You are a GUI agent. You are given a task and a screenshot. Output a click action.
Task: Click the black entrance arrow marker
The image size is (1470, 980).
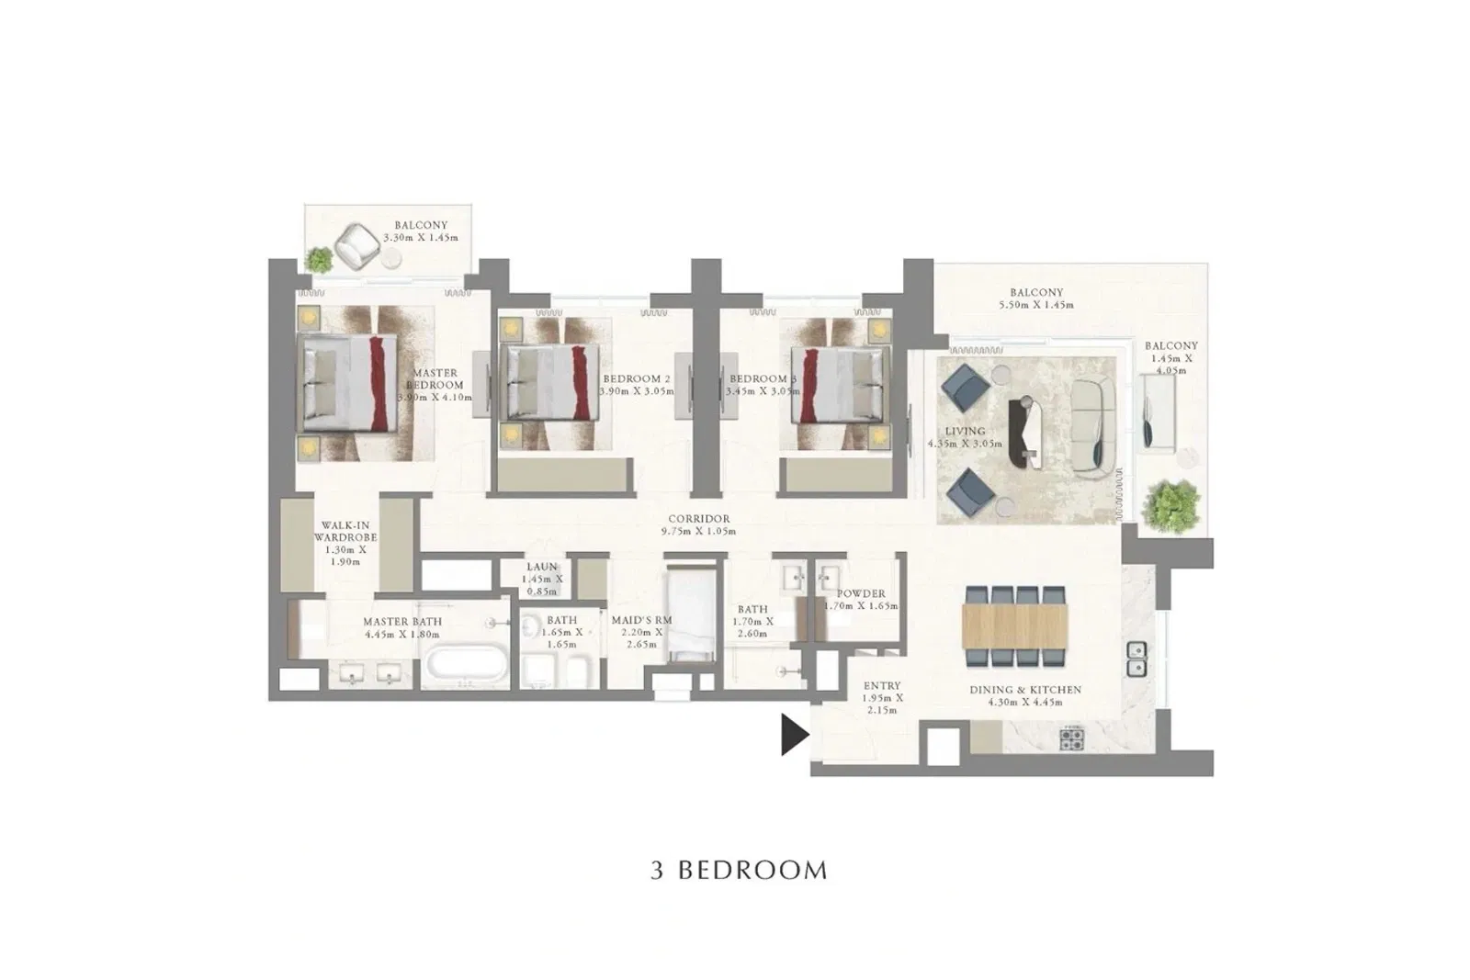793,735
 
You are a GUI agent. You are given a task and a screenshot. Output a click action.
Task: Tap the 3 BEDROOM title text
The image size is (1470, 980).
739,871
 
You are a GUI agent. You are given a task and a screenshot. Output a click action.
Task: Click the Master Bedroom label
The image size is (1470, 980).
435,386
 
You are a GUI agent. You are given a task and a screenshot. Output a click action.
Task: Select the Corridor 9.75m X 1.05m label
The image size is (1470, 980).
698,525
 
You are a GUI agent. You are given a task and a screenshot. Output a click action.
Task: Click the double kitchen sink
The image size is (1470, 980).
1136,658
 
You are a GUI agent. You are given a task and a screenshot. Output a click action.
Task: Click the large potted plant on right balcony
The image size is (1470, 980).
1170,504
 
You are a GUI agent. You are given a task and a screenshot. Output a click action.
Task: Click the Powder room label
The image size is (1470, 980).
861,600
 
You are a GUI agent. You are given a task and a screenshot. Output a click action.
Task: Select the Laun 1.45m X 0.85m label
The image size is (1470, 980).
542,580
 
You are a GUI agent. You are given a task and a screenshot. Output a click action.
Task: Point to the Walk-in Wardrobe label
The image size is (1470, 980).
345,543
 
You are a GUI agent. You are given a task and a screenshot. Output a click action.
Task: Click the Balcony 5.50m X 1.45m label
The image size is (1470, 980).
1036,299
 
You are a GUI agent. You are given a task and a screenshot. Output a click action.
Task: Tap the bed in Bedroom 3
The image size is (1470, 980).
831,384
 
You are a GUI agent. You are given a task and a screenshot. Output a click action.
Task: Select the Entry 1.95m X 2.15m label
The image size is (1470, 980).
882,698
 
